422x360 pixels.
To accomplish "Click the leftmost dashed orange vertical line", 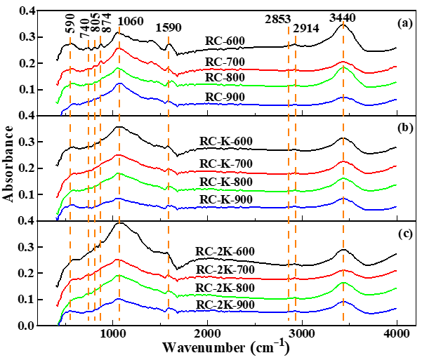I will [x=70, y=175].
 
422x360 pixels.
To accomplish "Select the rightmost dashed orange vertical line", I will [x=343, y=175].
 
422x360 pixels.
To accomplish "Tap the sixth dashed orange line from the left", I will [x=169, y=175].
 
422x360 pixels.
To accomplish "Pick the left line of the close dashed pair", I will [x=289, y=175].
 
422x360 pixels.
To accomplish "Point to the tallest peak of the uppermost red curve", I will [x=119, y=48].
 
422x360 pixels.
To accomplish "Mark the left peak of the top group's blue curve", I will [x=119, y=84].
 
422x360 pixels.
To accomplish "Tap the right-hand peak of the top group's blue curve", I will [x=343, y=97].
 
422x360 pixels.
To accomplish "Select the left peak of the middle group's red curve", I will [x=119, y=154].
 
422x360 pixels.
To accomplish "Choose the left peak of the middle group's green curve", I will [x=119, y=173].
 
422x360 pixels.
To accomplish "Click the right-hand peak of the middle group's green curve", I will [x=343, y=178].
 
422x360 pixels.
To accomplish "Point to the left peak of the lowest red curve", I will [x=119, y=260].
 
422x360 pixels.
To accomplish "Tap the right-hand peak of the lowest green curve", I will [x=343, y=283].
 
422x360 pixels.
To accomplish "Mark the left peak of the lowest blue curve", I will [x=119, y=299].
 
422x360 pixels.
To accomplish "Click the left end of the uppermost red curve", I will [x=57, y=84].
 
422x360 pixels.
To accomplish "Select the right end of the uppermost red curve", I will [x=397, y=67].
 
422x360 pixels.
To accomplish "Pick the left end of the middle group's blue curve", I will [x=57, y=219].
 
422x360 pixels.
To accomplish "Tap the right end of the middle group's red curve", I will [x=397, y=166].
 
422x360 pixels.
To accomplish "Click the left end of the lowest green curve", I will [x=58, y=325].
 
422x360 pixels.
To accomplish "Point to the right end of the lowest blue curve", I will [x=397, y=308].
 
